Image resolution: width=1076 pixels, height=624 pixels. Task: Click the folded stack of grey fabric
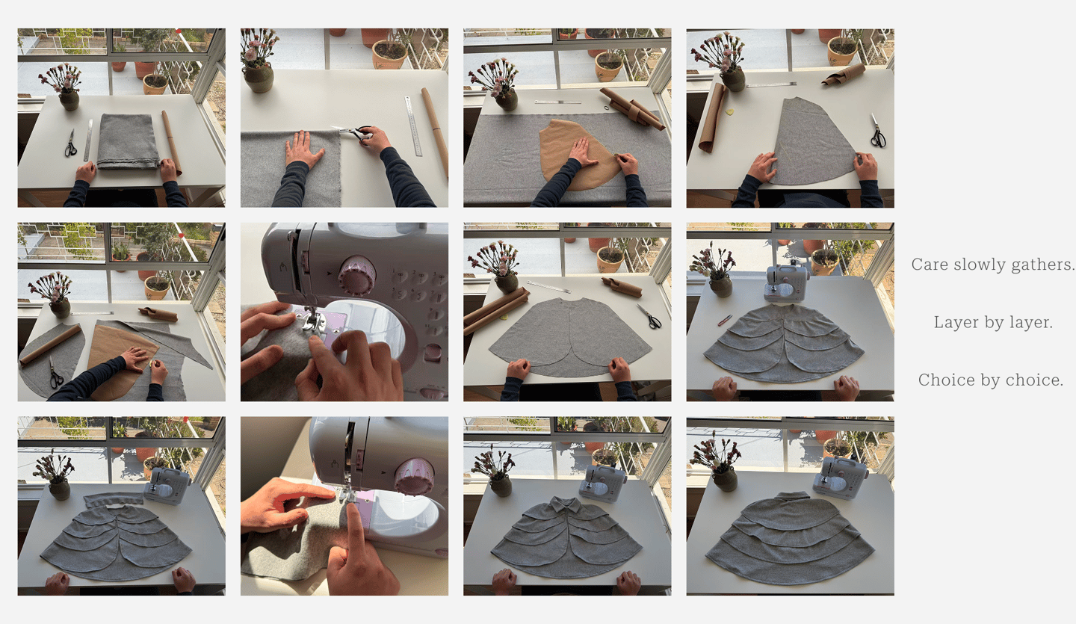click(x=128, y=141)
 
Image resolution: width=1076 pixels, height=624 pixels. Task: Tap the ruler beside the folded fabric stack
click(x=88, y=140)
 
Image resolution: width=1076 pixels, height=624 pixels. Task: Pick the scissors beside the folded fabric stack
click(x=70, y=143)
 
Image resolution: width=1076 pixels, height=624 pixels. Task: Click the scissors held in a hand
click(x=354, y=131)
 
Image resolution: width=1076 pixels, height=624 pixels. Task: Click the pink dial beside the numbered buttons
click(x=357, y=275)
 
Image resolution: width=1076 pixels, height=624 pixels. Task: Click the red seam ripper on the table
click(x=725, y=320)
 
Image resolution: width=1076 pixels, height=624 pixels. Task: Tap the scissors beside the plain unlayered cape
click(x=649, y=317)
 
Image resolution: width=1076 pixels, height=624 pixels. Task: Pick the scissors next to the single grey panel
click(x=878, y=131)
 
